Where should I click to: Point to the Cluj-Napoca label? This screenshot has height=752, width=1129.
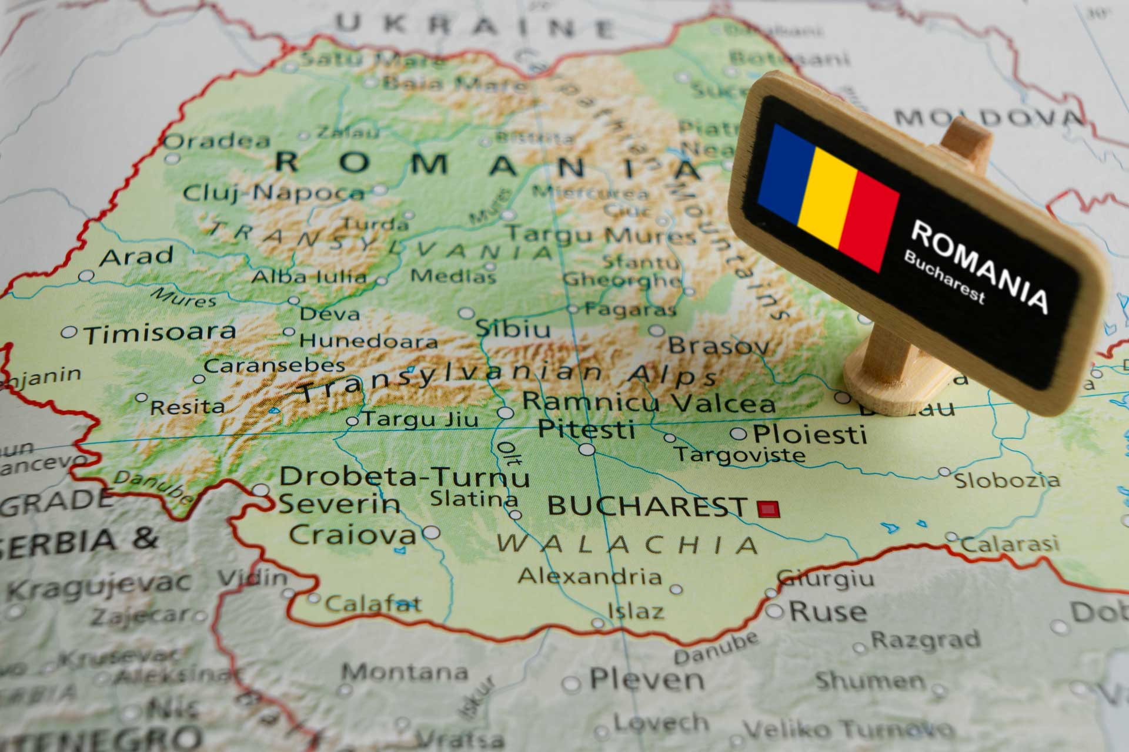click(274, 193)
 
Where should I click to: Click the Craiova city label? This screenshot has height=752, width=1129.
click(352, 535)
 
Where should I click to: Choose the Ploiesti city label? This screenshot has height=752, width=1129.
click(810, 435)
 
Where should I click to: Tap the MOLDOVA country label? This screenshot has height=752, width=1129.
click(988, 117)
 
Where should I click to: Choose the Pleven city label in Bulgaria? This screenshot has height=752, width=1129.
click(647, 680)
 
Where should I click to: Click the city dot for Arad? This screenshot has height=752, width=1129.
click(86, 276)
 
